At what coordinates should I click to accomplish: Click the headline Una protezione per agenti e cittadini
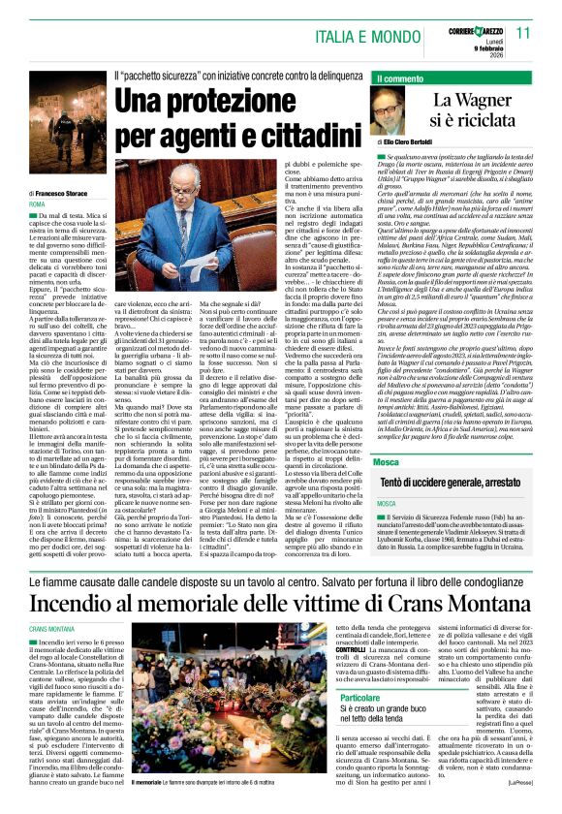click(x=229, y=114)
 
